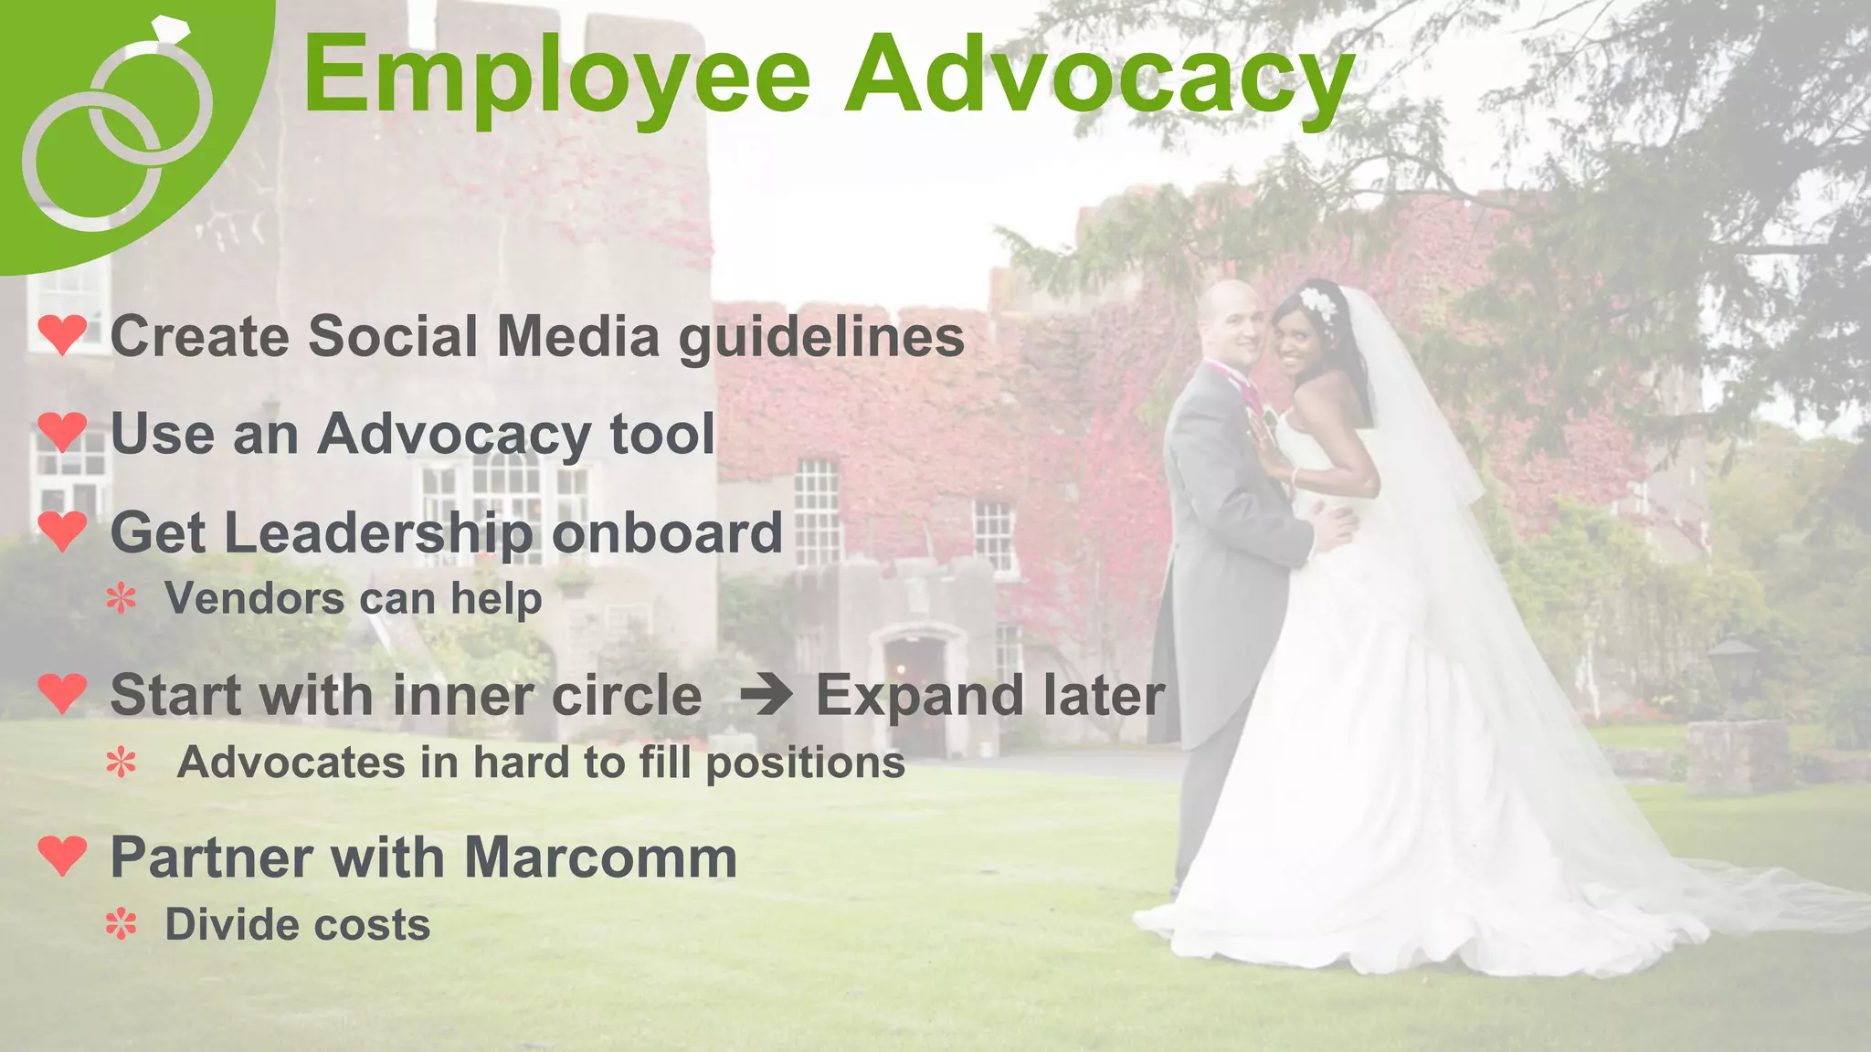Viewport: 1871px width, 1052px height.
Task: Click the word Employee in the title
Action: click(x=556, y=78)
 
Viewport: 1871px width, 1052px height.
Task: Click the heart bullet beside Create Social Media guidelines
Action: click(x=62, y=334)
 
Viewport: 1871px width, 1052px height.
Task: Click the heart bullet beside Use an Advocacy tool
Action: click(x=62, y=431)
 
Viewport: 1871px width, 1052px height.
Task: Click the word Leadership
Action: click(x=378, y=533)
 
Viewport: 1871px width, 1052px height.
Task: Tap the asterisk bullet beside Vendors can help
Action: click(x=121, y=599)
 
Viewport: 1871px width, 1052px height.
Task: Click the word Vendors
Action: click(x=254, y=599)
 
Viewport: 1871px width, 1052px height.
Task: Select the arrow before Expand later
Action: click(x=766, y=696)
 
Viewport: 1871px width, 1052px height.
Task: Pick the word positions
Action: click(x=805, y=763)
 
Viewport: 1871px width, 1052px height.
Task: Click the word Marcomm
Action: click(x=600, y=858)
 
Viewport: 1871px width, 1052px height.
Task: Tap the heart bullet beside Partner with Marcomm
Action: click(x=62, y=855)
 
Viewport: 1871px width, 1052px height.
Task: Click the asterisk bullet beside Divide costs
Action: click(x=121, y=925)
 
